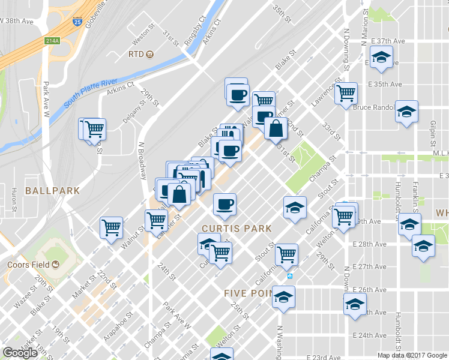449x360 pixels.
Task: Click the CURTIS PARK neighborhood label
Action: point(237,229)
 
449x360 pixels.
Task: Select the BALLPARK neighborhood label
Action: point(44,190)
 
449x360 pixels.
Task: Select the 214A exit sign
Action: point(52,41)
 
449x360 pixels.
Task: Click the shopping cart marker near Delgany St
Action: point(94,128)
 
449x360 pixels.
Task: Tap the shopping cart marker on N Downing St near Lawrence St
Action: point(346,94)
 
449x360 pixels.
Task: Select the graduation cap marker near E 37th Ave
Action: point(381,58)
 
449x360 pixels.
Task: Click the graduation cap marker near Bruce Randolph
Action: point(406,112)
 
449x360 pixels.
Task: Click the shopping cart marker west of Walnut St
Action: point(112,227)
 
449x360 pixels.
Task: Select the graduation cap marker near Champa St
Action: point(295,208)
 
